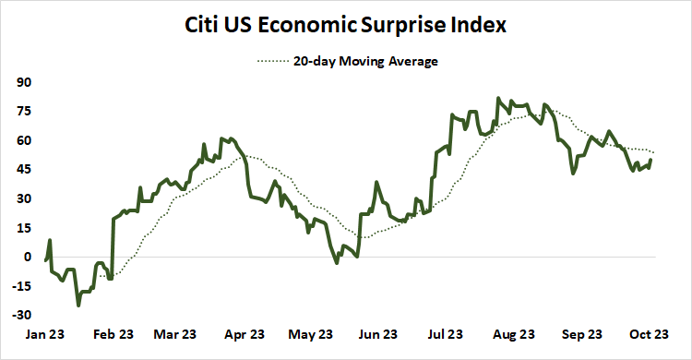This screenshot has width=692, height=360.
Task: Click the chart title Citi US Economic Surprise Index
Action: coord(346,25)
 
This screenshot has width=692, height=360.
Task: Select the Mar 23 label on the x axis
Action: coord(175,334)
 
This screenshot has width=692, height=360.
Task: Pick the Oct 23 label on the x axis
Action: coord(648,334)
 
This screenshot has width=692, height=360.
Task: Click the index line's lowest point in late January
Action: coord(78,305)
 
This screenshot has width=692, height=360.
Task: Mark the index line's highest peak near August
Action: coord(498,97)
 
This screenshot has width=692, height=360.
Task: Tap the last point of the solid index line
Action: coord(651,160)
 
